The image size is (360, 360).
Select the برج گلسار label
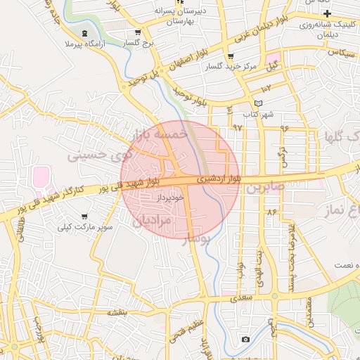pos(138,43)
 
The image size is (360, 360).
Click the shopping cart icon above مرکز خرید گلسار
pos(230,56)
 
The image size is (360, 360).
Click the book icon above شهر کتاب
pos(257,103)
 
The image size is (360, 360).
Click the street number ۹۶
pos(285,128)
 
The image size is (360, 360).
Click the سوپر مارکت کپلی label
pos(86,227)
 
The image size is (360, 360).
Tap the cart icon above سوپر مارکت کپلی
pos(85,216)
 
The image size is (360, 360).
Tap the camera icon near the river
pos(245,340)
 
